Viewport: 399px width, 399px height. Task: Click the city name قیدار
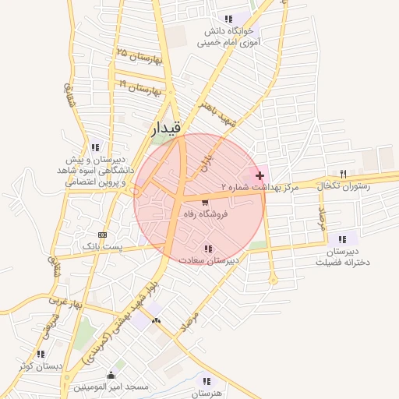coord(168,128)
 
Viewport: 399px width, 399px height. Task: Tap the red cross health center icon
coord(260,177)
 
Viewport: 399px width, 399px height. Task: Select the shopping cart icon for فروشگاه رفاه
coord(205,203)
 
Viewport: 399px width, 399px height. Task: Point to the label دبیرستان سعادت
coord(219,260)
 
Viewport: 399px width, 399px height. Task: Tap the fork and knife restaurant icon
coord(342,173)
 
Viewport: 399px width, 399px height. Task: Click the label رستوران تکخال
coord(341,185)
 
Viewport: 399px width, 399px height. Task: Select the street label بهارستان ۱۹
coord(139,86)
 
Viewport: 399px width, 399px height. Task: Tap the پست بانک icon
coord(102,235)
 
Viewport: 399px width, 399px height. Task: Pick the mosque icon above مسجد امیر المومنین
coord(111,374)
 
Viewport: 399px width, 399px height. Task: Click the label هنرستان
coord(207,394)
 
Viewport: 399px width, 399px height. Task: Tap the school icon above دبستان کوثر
coord(40,353)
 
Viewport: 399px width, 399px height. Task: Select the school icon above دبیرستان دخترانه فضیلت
coord(341,238)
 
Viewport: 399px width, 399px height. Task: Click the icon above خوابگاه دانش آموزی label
coord(228,19)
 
